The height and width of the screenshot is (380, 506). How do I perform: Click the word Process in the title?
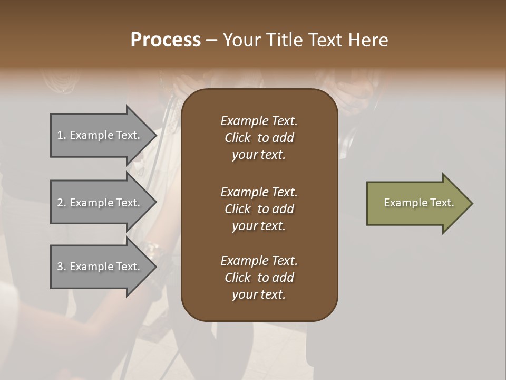click(166, 40)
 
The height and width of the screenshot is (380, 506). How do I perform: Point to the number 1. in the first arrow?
click(62, 135)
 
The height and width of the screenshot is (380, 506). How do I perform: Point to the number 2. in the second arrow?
click(62, 203)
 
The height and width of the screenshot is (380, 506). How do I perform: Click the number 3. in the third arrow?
click(62, 267)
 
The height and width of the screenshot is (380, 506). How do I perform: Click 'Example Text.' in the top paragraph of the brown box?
click(259, 121)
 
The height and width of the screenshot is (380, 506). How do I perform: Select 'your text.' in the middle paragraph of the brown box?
click(258, 226)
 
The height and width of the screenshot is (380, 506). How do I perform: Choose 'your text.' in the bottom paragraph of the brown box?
click(258, 295)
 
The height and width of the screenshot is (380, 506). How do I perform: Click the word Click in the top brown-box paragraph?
click(237, 138)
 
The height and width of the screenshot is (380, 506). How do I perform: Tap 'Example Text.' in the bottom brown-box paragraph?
click(259, 261)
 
